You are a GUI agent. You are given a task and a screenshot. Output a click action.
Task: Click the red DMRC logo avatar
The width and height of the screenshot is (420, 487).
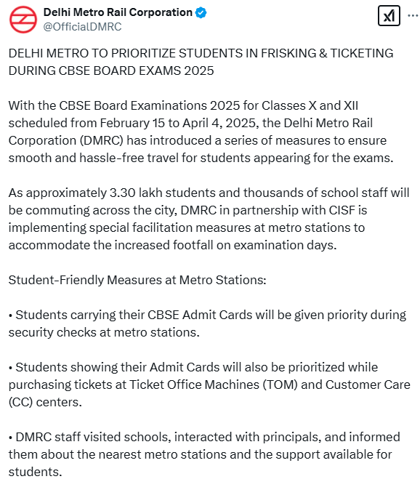point(23,19)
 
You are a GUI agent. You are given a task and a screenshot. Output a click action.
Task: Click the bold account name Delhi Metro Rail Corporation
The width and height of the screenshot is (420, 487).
point(118,12)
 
